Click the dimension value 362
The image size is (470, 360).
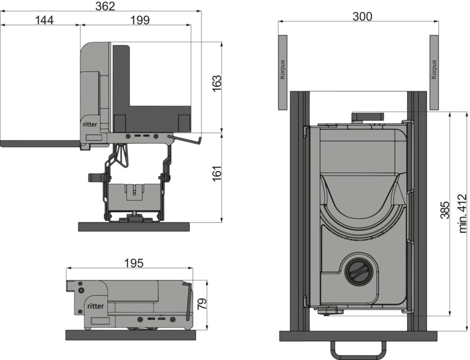[x=105, y=6]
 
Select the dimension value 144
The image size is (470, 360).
[x=44, y=20]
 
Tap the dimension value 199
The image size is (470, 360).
[x=140, y=20]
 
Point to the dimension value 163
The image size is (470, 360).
[x=216, y=84]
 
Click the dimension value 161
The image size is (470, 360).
[x=216, y=172]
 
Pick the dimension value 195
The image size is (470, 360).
[x=134, y=263]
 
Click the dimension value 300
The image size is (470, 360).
[x=363, y=16]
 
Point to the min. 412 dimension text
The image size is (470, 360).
[x=462, y=213]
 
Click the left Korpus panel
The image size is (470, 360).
[x=282, y=72]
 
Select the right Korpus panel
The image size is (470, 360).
[x=434, y=72]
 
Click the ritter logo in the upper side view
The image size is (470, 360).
[x=90, y=124]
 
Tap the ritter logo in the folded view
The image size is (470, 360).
[x=95, y=306]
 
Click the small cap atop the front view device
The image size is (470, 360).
[x=368, y=117]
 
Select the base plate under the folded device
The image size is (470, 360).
[x=131, y=335]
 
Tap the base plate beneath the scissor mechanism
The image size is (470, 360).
[x=134, y=227]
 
